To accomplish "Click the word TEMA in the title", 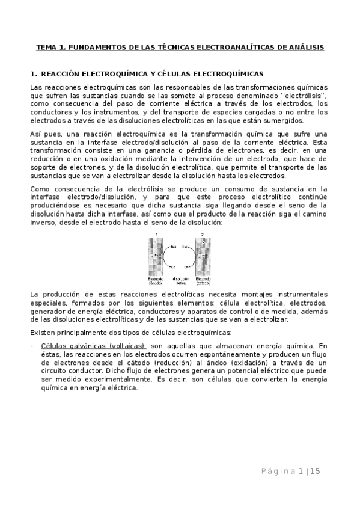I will (46, 47).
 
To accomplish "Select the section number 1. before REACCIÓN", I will (33, 73).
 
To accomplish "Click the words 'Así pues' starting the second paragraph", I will (41, 133).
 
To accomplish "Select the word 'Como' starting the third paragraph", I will (39, 189).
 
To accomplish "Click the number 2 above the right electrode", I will (203, 234).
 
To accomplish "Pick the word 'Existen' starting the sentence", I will (42, 333).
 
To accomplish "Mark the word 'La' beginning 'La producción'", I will (33, 294).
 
